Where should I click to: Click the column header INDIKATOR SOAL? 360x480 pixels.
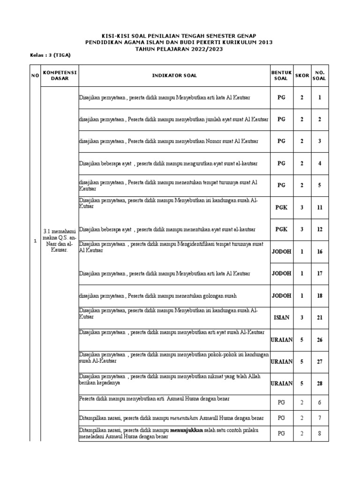tap(174, 75)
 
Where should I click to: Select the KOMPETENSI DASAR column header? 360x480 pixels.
tap(60, 75)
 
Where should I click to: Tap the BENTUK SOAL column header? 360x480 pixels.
tap(281, 75)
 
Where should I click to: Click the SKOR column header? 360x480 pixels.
tap(302, 75)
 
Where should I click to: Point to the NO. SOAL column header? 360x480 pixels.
tap(320, 75)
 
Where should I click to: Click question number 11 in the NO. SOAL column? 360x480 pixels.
tap(320, 207)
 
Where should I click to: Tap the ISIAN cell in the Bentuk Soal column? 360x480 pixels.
tap(281, 318)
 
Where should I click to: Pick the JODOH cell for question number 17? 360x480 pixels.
tap(281, 273)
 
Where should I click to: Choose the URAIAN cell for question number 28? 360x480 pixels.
tap(281, 383)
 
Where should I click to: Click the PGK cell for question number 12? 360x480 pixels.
tap(281, 229)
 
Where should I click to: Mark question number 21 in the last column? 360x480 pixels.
tap(320, 318)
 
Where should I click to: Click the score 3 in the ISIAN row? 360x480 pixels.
tap(302, 318)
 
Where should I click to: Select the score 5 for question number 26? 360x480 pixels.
tap(302, 340)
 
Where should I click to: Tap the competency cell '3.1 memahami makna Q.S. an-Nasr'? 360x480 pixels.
tap(60, 240)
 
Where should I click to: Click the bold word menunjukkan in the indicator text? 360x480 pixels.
tap(186, 430)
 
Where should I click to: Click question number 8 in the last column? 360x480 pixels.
tap(320, 434)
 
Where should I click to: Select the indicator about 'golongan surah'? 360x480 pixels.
tap(158, 296)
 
